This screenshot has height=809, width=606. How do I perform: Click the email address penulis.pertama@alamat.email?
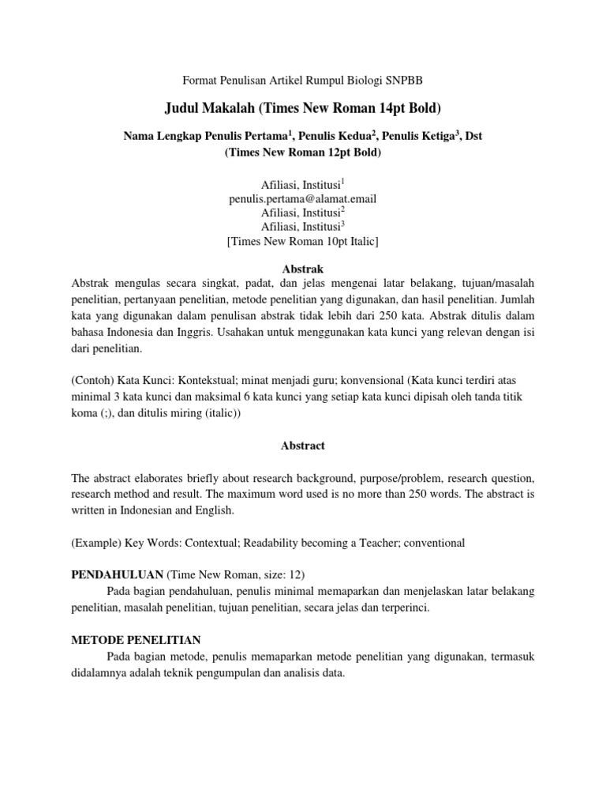[x=303, y=199]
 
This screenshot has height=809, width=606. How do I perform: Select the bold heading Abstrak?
[x=303, y=269]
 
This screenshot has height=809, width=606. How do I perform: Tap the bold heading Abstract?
[x=303, y=446]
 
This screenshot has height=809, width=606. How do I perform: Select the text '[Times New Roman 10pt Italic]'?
[x=303, y=241]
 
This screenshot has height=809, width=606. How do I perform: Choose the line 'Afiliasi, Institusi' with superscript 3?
[x=303, y=227]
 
